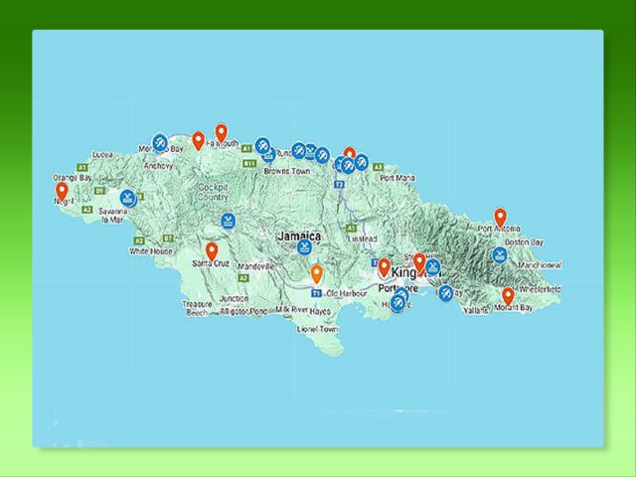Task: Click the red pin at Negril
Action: coord(62,191)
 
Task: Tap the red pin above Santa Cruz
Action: coord(212,251)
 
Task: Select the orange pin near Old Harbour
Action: coord(316,273)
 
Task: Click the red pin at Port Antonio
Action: coord(501,217)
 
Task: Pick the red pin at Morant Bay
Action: coord(508,296)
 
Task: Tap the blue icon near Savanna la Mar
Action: coord(128,197)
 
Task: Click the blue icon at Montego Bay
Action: coord(160,141)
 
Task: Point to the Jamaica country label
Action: coord(299,237)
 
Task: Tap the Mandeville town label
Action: coord(256,267)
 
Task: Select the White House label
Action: coord(150,251)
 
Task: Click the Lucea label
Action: coord(102,155)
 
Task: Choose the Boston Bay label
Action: coord(525,242)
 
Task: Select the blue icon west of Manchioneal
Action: coord(501,254)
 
